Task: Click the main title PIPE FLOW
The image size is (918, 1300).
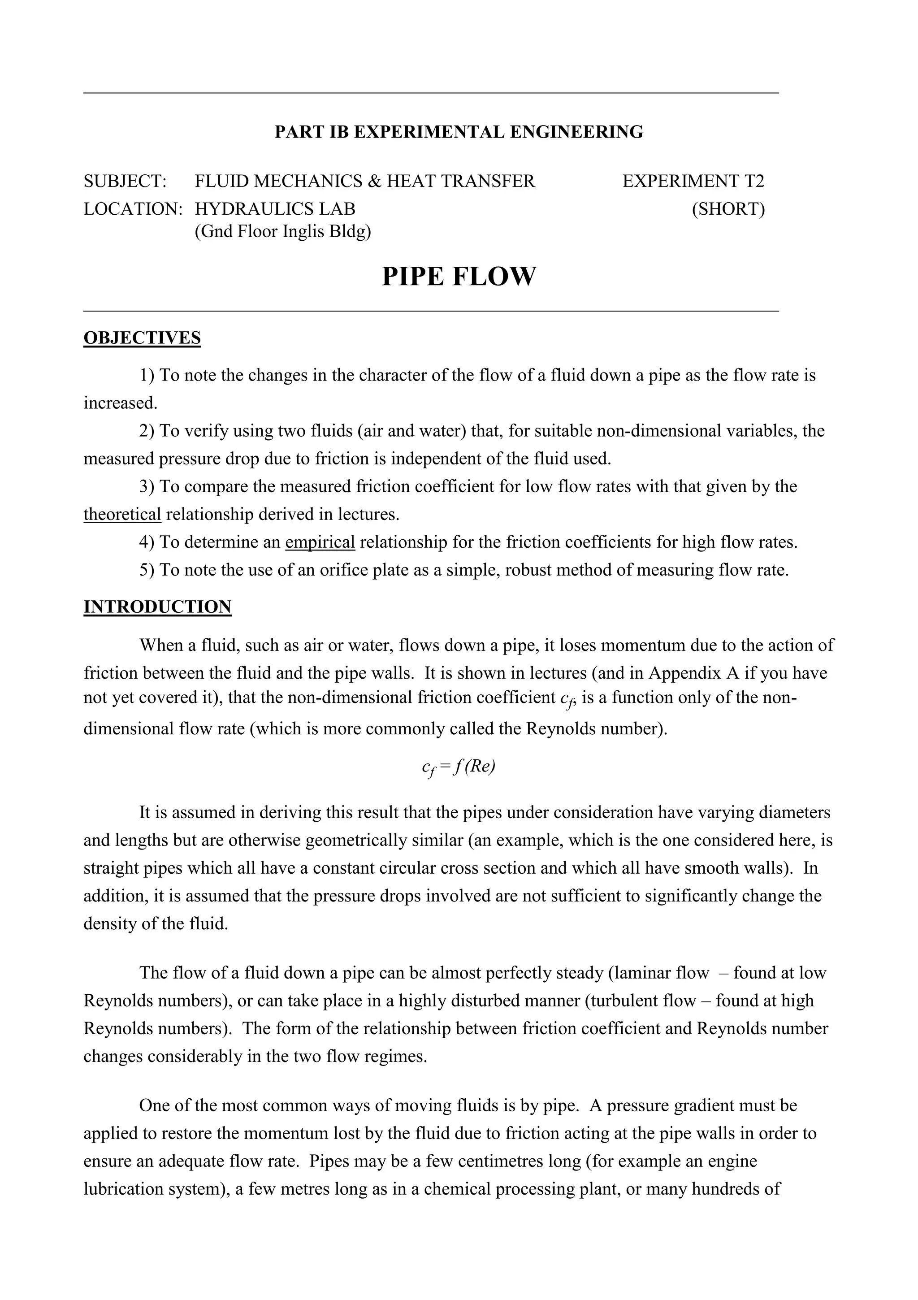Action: point(459,277)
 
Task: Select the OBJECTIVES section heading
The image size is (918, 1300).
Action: point(142,338)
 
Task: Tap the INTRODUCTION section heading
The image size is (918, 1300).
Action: point(157,607)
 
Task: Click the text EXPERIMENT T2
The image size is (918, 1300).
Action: point(693,181)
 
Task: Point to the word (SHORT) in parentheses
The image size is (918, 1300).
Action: point(727,209)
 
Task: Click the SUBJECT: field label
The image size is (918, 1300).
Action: point(125,181)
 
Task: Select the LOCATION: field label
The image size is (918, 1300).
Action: point(133,209)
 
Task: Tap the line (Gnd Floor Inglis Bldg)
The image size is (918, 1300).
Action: point(282,232)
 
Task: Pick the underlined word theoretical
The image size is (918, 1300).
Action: point(122,514)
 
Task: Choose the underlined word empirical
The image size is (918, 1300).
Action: point(320,542)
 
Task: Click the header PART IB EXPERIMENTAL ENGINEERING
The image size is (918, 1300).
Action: point(459,132)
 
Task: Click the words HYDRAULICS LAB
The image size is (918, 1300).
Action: point(275,209)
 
